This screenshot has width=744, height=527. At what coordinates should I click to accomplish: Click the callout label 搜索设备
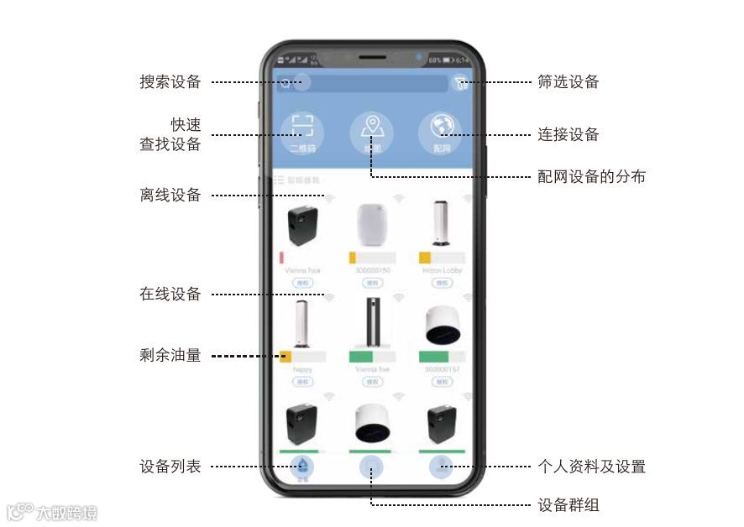[170, 82]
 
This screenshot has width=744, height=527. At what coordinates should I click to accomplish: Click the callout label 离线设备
[170, 196]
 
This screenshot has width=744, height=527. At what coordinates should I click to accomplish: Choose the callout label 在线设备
[170, 295]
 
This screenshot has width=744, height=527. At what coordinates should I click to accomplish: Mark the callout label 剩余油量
[170, 356]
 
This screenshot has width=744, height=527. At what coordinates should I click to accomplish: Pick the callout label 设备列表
[170, 467]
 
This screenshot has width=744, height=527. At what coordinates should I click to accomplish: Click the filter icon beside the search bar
[459, 82]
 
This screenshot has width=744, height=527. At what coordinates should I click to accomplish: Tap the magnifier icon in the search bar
[286, 83]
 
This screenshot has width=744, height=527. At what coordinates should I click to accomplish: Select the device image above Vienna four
[302, 226]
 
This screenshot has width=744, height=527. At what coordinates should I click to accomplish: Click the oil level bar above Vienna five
[371, 357]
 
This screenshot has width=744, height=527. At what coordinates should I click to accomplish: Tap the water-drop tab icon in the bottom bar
[302, 467]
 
